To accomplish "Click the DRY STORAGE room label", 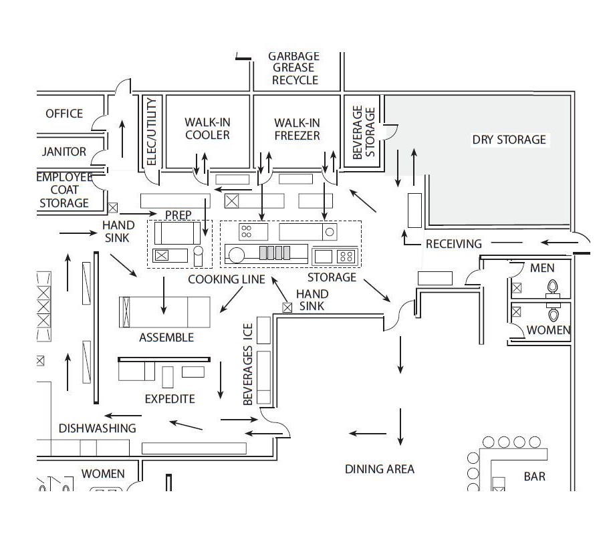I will click(x=509, y=140).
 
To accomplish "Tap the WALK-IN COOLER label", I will click(x=207, y=129).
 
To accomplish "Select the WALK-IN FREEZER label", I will click(x=297, y=129).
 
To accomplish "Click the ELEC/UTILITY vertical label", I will click(x=151, y=132).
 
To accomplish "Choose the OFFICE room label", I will click(x=64, y=114).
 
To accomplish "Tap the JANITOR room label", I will click(x=64, y=152).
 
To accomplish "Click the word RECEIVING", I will click(x=454, y=244).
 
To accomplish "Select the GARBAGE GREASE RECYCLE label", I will click(x=295, y=68).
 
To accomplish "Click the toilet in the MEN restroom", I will click(x=553, y=288).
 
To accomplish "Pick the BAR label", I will click(x=534, y=476).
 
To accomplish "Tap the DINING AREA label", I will click(x=379, y=469).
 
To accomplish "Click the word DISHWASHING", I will click(x=98, y=428).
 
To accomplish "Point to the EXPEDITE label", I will click(x=170, y=399).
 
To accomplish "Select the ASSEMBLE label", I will click(x=166, y=337).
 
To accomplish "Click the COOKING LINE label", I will click(x=226, y=279).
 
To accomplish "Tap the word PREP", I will click(x=178, y=215).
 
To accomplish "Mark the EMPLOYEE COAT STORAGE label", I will click(x=64, y=190).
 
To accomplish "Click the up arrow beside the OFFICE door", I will click(x=122, y=138).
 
